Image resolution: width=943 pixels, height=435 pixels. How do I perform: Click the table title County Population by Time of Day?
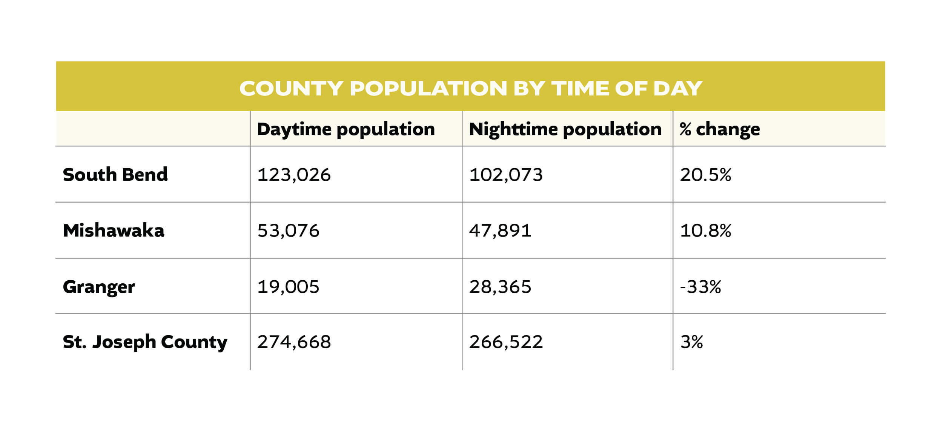coord(470,89)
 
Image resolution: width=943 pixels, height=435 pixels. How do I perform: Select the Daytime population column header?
coord(346,129)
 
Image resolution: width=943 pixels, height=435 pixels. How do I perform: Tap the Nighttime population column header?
coord(565,129)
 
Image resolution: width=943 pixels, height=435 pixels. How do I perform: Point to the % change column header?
coord(720,129)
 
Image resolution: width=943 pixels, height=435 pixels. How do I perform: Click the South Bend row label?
coord(115,175)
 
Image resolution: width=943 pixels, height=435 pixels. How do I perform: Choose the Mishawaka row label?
coord(114,231)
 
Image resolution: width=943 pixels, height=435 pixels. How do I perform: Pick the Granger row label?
coord(99,287)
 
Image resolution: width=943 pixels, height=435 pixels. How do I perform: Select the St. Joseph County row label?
coord(145,342)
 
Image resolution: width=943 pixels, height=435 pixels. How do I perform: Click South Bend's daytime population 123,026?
coord(294,175)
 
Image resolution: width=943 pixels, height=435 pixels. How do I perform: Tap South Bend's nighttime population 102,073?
coord(506,175)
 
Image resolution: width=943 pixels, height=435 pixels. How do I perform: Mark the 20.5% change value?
coord(705,175)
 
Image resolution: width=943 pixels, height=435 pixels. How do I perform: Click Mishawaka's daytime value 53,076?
coord(288,231)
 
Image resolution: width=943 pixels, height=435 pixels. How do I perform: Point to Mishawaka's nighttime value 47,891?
coord(500,231)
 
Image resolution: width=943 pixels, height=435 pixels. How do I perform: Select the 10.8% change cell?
coord(705,231)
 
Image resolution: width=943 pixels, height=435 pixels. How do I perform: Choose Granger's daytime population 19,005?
coord(288,287)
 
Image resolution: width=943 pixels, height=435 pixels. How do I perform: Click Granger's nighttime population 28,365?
coord(500,287)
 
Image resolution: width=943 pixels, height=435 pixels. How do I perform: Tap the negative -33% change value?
coord(700,287)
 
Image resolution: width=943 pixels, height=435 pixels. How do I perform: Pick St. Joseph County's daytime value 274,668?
coord(294,342)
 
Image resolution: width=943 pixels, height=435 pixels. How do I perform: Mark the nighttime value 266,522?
coord(506,342)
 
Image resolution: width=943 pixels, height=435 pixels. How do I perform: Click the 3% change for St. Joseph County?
coord(691,342)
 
